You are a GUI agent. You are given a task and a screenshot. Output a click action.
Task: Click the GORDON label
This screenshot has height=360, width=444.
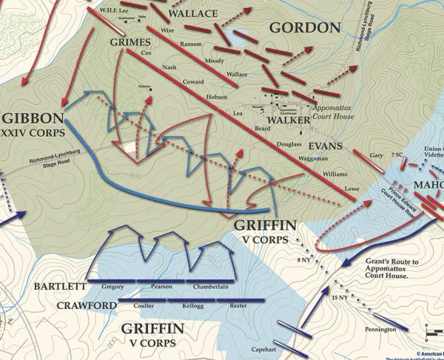coord(304,29)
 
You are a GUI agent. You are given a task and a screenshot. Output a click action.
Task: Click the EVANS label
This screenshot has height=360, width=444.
coord(326,146)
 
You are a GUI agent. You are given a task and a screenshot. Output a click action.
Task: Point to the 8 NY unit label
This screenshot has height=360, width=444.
coord(304,259)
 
